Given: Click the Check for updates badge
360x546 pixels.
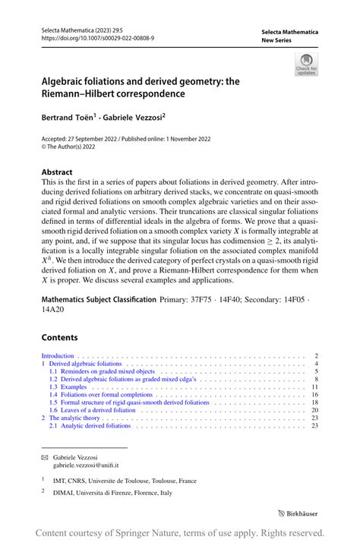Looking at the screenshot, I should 306,64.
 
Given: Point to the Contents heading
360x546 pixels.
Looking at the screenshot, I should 59,337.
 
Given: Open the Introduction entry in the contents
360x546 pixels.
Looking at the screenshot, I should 58,355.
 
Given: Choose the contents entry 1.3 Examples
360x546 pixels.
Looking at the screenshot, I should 74,387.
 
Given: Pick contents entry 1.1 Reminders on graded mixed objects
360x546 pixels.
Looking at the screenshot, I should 102,371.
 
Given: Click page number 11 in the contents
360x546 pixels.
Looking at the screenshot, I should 314,387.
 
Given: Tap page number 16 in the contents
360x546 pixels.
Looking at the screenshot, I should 314,395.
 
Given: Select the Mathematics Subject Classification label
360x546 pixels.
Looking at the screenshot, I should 99,301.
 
